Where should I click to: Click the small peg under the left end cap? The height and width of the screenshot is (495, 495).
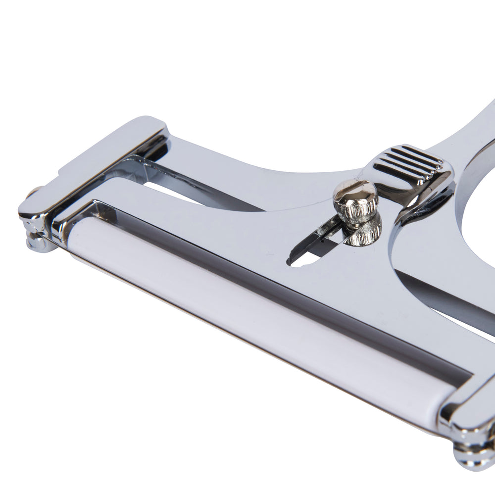tap(37, 243)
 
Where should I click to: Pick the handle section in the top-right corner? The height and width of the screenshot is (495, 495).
tap(475, 129)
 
